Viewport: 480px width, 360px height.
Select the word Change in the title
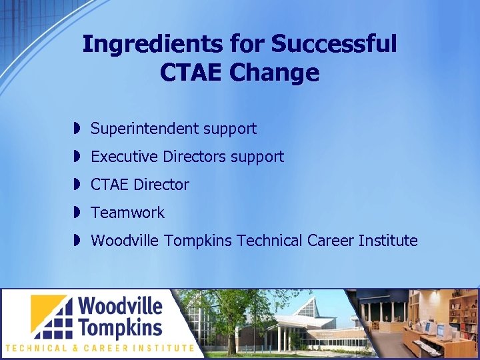tap(275, 73)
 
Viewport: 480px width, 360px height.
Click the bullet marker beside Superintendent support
tap(77, 128)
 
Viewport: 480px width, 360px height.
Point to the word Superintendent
tap(144, 129)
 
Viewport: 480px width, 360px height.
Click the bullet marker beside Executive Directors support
tap(77, 157)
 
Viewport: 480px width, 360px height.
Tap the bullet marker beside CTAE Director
tap(77, 185)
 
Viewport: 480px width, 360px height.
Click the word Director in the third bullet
tap(161, 185)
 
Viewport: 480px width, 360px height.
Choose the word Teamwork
tap(127, 213)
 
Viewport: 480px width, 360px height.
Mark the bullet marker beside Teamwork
tap(77, 213)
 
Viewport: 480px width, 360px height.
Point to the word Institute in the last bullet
tap(388, 241)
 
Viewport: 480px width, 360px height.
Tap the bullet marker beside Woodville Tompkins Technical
tap(77, 241)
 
